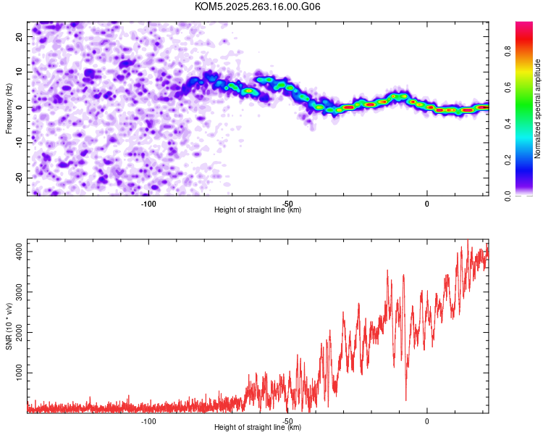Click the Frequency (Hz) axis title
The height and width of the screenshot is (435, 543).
9,107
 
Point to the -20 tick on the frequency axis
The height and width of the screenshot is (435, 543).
19,178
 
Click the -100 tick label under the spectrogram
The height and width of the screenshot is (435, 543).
148,203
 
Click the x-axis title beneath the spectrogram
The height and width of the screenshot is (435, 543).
258,210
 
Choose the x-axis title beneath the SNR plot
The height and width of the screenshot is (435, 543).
258,428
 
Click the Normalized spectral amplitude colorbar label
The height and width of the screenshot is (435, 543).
537,109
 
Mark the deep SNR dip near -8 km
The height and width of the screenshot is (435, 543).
405,399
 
